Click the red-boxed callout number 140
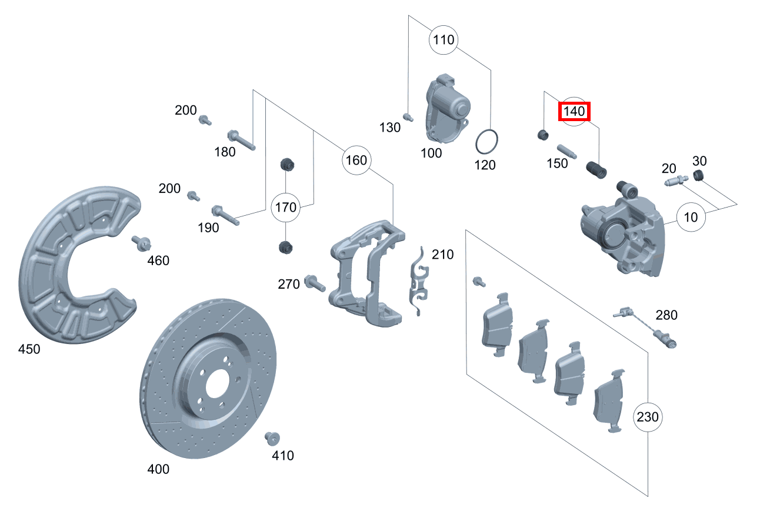574,111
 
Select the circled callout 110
444,40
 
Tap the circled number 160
356,160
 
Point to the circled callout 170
286,207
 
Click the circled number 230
648,417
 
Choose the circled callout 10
691,217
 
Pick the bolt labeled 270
314,283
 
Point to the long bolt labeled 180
241,139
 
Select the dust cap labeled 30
699,175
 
